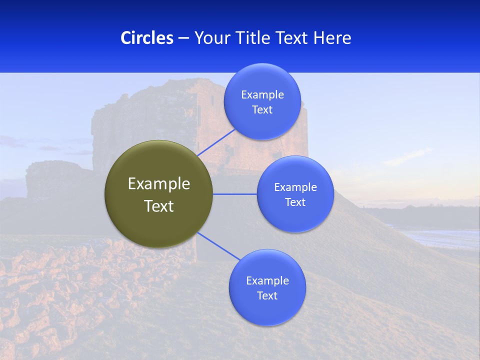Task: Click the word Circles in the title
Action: pos(146,38)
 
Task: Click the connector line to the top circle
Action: pos(216,142)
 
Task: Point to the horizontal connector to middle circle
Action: pos(234,194)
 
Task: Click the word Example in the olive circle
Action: pos(158,183)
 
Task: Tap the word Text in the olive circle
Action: pos(158,206)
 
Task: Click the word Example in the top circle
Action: pos(262,95)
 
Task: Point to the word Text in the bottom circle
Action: pos(267,296)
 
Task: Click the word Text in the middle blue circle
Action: pos(295,202)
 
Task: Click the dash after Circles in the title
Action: pos(183,38)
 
